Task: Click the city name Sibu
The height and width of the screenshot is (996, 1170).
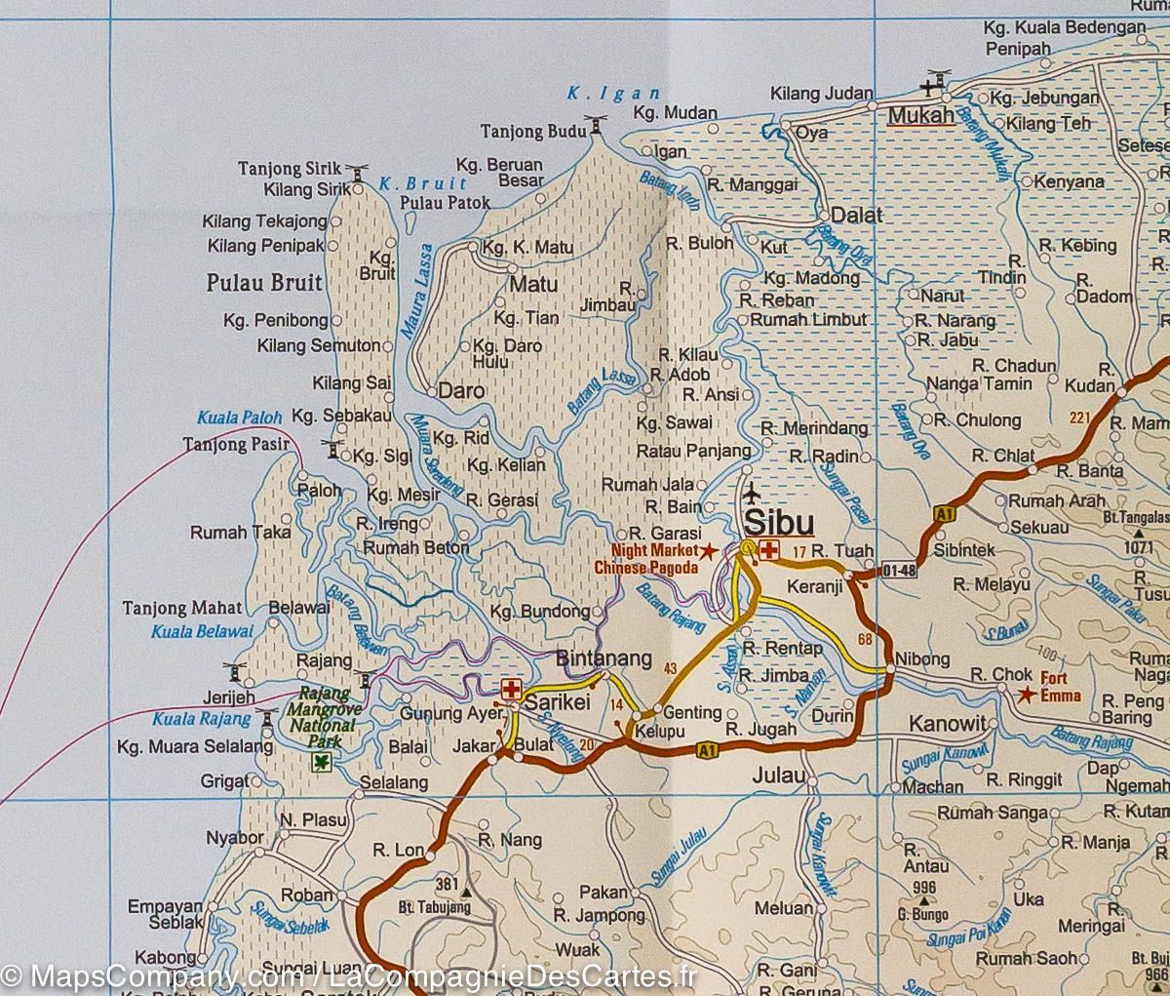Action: click(x=778, y=521)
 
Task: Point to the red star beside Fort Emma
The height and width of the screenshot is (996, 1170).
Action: click(x=1025, y=696)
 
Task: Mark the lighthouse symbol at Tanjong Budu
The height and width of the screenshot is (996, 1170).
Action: click(x=596, y=126)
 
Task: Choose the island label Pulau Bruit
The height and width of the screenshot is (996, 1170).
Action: click(x=264, y=284)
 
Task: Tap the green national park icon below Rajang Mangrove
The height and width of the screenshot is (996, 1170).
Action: click(x=320, y=763)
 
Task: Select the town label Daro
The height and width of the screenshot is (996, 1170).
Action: click(x=462, y=391)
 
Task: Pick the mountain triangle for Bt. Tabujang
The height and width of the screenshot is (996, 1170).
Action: click(x=466, y=893)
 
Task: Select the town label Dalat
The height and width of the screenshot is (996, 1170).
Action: click(x=856, y=216)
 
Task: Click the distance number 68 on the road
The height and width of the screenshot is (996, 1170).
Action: click(x=865, y=640)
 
